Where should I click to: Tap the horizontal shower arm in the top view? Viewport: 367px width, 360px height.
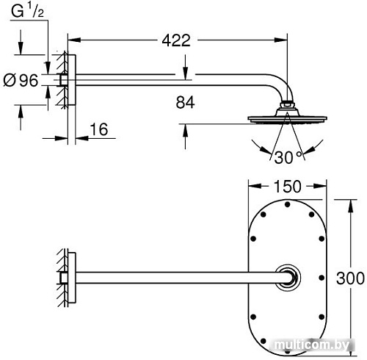(x=176, y=278)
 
